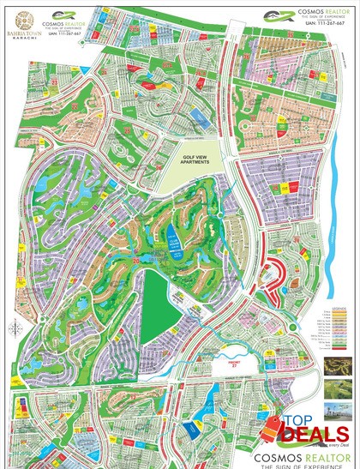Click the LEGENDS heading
(341, 304)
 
